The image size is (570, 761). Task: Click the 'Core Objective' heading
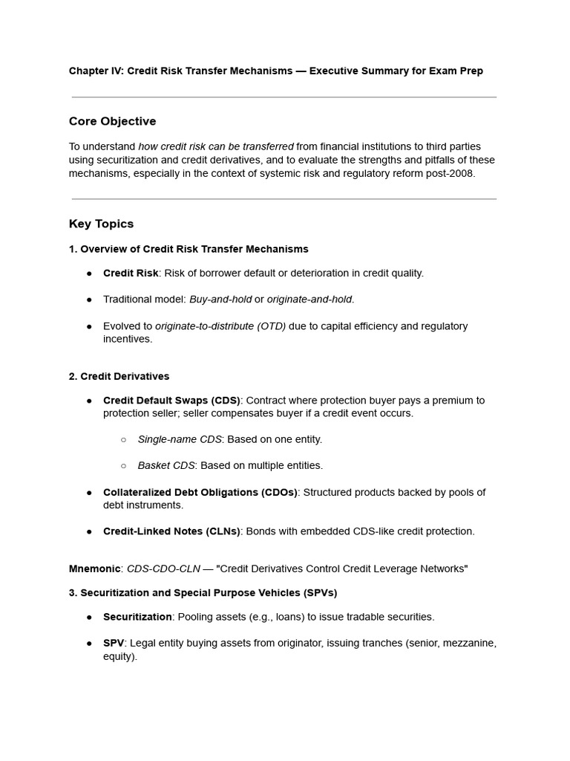coord(112,121)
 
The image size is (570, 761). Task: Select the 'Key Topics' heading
coord(101,224)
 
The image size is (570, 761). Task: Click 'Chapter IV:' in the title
coord(96,71)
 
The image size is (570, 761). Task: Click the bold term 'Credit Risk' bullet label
coord(131,273)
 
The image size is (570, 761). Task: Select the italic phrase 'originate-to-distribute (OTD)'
coord(220,326)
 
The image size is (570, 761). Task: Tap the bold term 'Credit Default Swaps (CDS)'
coord(171,400)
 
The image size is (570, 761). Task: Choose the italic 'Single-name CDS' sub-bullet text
coord(180,439)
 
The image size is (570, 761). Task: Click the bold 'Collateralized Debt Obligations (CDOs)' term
coord(200,492)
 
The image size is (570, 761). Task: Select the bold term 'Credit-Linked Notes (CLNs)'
coord(171,531)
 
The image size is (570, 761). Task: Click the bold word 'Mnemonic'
coord(94,569)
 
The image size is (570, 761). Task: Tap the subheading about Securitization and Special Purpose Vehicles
coord(203,592)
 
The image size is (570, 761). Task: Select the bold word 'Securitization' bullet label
coord(137,617)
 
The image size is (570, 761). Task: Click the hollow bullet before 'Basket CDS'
coord(123,466)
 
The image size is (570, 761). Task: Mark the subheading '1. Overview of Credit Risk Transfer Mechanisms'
coord(189,249)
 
